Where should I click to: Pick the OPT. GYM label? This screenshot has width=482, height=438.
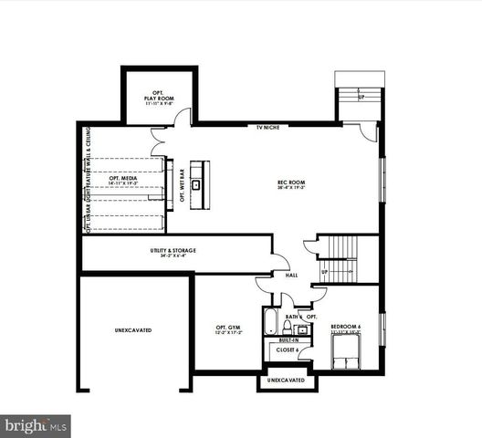click(228, 330)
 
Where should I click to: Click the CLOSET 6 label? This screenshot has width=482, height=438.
click(287, 349)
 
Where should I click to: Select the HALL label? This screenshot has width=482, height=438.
click(291, 274)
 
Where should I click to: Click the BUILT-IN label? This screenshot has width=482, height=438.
click(289, 339)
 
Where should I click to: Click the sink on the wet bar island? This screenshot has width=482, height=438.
click(195, 184)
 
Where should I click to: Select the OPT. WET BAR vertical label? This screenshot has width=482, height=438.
click(181, 185)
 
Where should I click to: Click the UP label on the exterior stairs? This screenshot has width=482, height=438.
click(361, 96)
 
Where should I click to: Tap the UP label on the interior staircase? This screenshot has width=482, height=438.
click(323, 272)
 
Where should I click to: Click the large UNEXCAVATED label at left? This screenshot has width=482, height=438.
click(133, 329)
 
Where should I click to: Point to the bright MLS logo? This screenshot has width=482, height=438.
click(36, 425)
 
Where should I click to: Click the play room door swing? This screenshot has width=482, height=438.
click(185, 116)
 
